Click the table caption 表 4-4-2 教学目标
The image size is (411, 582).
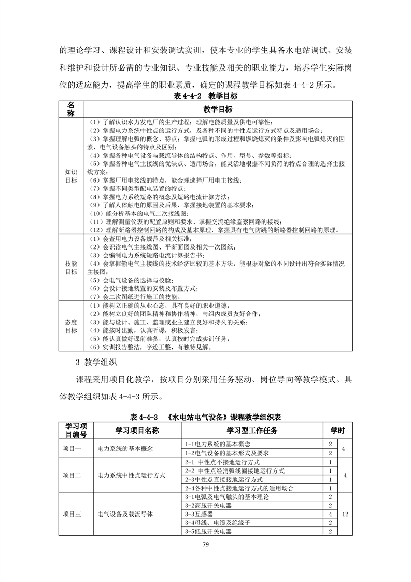pyautogui.click(x=206, y=96)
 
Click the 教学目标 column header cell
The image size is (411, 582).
pyautogui.click(x=217, y=109)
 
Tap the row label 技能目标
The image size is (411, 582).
pyautogui.click(x=71, y=267)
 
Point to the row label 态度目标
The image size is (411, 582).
pyautogui.click(x=71, y=326)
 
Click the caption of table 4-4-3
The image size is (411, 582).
pyautogui.click(x=206, y=417)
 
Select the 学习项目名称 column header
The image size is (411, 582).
pyautogui.click(x=137, y=430)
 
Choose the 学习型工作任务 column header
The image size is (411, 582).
pyautogui.click(x=252, y=430)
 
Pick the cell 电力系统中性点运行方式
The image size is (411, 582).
pyautogui.click(x=132, y=475)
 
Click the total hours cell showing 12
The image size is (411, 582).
pyautogui.click(x=345, y=514)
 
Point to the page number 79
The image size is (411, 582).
pyautogui.click(x=205, y=544)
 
